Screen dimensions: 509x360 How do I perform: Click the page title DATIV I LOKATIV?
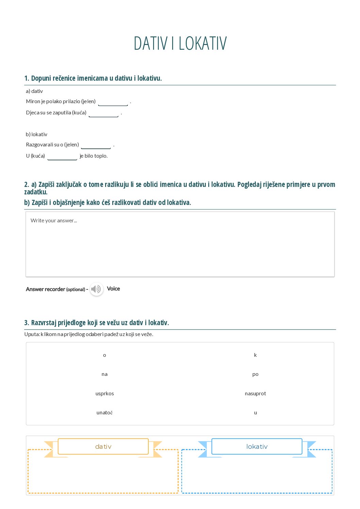pyautogui.click(x=180, y=43)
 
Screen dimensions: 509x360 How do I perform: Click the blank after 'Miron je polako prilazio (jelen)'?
pyautogui.click(x=113, y=102)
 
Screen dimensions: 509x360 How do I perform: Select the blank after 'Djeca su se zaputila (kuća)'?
pyautogui.click(x=103, y=113)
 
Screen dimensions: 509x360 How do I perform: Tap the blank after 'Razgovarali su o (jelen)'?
pyautogui.click(x=96, y=145)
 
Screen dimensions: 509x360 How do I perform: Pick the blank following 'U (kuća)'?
pyautogui.click(x=62, y=156)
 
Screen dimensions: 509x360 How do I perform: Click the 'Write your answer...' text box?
pyautogui.click(x=180, y=244)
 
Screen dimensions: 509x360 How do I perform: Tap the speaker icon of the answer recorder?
pyautogui.click(x=96, y=289)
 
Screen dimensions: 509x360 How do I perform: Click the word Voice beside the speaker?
pyautogui.click(x=113, y=289)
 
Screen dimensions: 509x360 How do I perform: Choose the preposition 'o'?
pyautogui.click(x=104, y=355)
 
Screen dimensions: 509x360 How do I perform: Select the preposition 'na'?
pyautogui.click(x=104, y=374)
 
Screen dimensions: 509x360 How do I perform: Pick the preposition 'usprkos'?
pyautogui.click(x=104, y=394)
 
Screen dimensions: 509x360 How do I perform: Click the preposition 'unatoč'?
pyautogui.click(x=104, y=413)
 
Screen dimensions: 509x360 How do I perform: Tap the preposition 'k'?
pyautogui.click(x=255, y=355)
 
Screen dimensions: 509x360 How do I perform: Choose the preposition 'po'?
pyautogui.click(x=255, y=374)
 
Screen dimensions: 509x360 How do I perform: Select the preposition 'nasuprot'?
pyautogui.click(x=255, y=394)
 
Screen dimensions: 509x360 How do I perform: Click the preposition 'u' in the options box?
pyautogui.click(x=255, y=413)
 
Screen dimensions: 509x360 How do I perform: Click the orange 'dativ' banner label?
pyautogui.click(x=103, y=446)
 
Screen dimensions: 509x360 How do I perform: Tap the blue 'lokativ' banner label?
pyautogui.click(x=257, y=446)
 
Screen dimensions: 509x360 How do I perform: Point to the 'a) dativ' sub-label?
pyautogui.click(x=34, y=91)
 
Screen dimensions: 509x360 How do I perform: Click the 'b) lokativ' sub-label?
pyautogui.click(x=36, y=134)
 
